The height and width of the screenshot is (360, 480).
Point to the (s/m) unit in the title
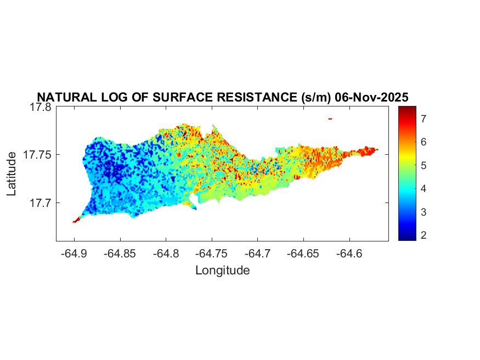click(315, 98)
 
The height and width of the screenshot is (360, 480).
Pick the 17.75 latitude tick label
click(37, 155)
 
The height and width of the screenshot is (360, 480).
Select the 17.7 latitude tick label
click(40, 203)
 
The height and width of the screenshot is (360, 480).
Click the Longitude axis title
click(222, 270)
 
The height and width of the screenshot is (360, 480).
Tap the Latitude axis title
click(12, 174)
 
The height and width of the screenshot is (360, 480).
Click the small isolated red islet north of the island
click(330, 119)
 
